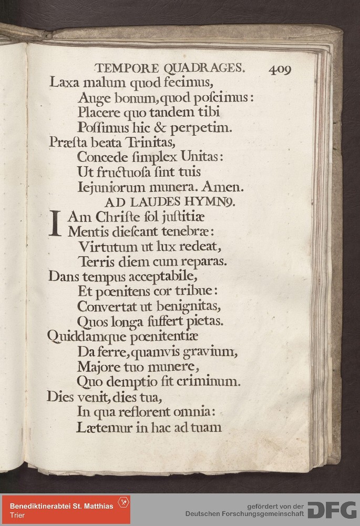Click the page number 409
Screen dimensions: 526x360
tap(280, 69)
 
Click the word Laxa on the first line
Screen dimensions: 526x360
tap(64, 83)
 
